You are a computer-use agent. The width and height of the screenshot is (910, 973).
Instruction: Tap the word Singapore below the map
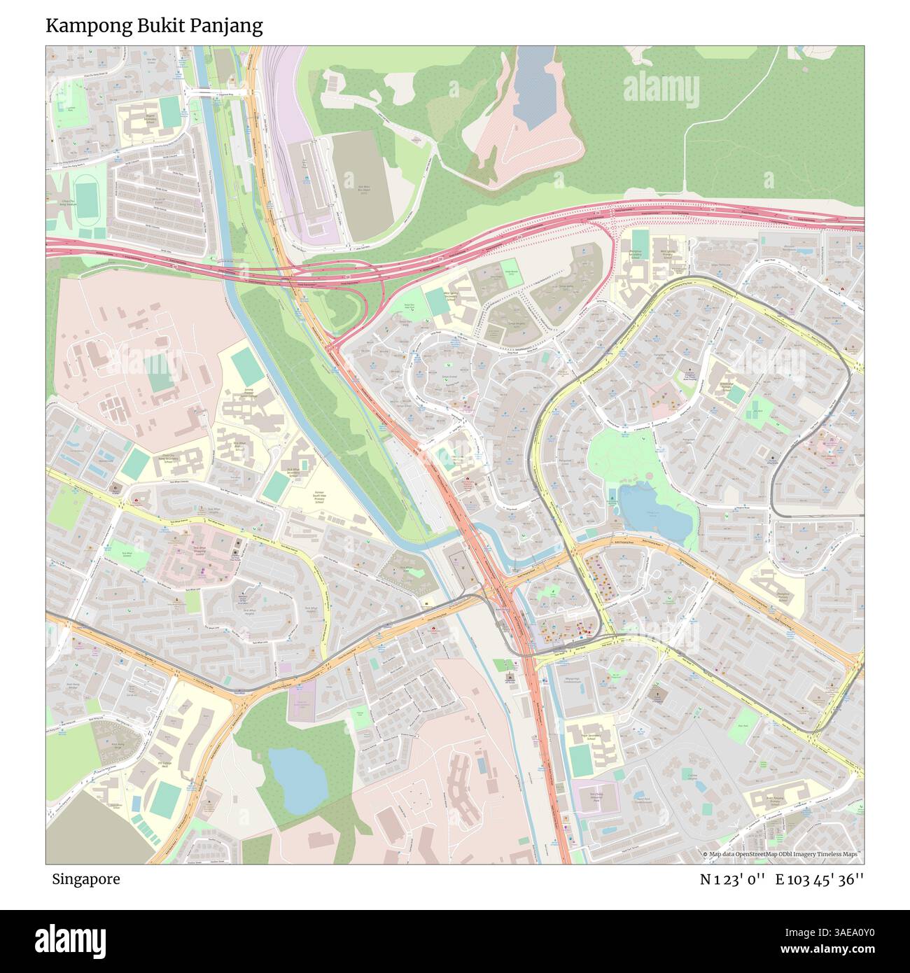[x=85, y=879]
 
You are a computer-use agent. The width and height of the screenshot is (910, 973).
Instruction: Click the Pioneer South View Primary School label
[x=319, y=497]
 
